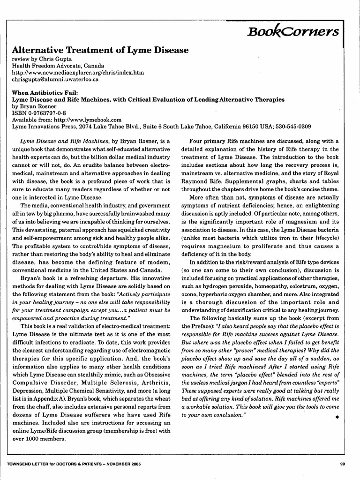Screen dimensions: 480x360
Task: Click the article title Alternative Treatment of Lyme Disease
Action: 100,50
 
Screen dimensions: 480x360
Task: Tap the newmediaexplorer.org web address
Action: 78,73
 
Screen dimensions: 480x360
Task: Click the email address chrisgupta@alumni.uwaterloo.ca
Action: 55,80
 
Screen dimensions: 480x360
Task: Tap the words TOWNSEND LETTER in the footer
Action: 28,465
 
